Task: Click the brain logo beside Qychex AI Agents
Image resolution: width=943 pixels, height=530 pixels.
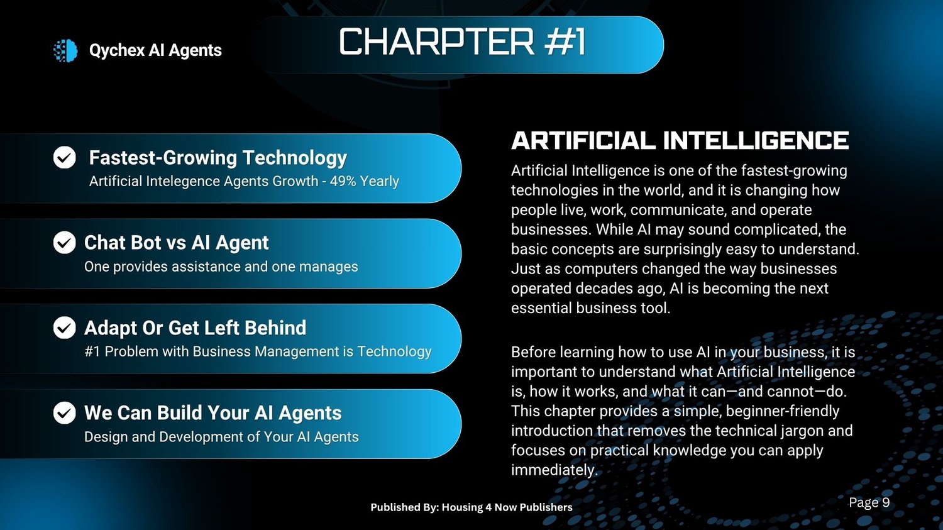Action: pos(65,50)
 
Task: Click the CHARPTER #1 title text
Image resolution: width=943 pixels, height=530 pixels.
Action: pos(462,41)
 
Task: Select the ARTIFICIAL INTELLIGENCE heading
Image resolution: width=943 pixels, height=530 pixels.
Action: pos(680,141)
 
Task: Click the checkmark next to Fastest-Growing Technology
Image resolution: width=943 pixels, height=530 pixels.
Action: pos(64,157)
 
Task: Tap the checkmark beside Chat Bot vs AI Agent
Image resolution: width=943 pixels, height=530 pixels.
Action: pos(64,243)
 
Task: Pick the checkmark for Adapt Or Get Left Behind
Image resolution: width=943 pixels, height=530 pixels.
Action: pos(64,328)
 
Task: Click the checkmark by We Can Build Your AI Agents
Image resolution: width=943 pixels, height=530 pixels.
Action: pos(64,412)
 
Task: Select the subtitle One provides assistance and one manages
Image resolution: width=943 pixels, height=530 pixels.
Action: pos(221,267)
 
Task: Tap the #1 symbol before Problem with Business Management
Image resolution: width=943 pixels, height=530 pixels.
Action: pos(92,351)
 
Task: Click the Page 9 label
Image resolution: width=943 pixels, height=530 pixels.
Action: pos(869,502)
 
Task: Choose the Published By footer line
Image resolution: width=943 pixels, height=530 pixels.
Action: pos(472,507)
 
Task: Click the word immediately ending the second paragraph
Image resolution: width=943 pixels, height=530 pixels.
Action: pos(554,470)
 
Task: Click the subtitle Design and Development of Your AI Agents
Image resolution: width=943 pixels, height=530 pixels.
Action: pos(221,437)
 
